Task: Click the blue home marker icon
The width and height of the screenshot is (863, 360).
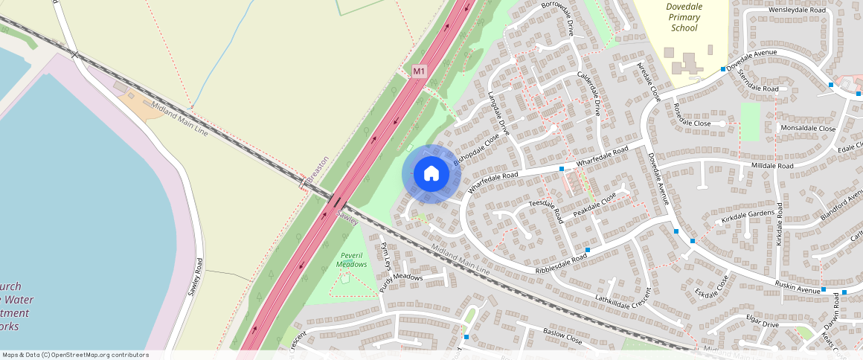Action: pos(431,174)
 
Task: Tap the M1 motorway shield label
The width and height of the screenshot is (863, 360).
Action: pos(420,71)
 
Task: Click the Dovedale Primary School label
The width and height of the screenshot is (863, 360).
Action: pos(684,17)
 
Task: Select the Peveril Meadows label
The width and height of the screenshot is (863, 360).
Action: pos(351,260)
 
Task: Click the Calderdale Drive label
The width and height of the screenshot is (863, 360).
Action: pos(589,94)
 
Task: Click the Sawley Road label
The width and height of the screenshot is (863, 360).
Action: pos(195,277)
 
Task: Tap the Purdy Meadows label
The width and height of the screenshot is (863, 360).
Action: pos(401,278)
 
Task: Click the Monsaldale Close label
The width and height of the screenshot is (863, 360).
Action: pos(807,128)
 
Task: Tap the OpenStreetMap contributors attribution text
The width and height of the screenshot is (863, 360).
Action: pos(75,355)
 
